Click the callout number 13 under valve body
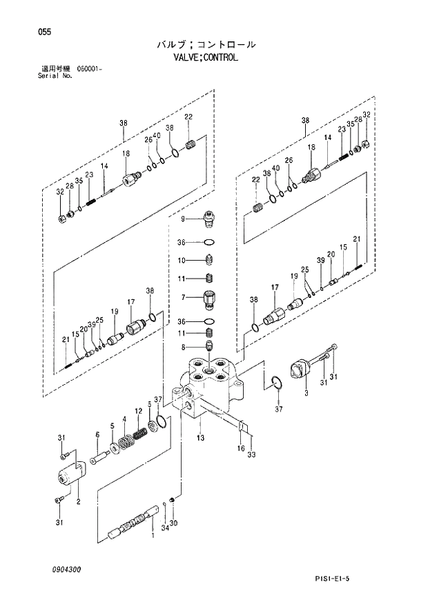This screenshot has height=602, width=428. point(200,437)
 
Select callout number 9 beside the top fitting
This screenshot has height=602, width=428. point(184,219)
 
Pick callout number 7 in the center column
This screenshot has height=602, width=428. point(184,297)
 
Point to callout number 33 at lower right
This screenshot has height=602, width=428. point(252,454)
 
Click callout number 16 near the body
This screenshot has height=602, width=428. point(241,448)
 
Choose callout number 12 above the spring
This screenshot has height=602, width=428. point(138,412)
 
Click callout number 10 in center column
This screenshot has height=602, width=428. point(183,261)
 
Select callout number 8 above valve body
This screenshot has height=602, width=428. point(184,347)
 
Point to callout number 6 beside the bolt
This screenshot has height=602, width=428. point(97,434)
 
